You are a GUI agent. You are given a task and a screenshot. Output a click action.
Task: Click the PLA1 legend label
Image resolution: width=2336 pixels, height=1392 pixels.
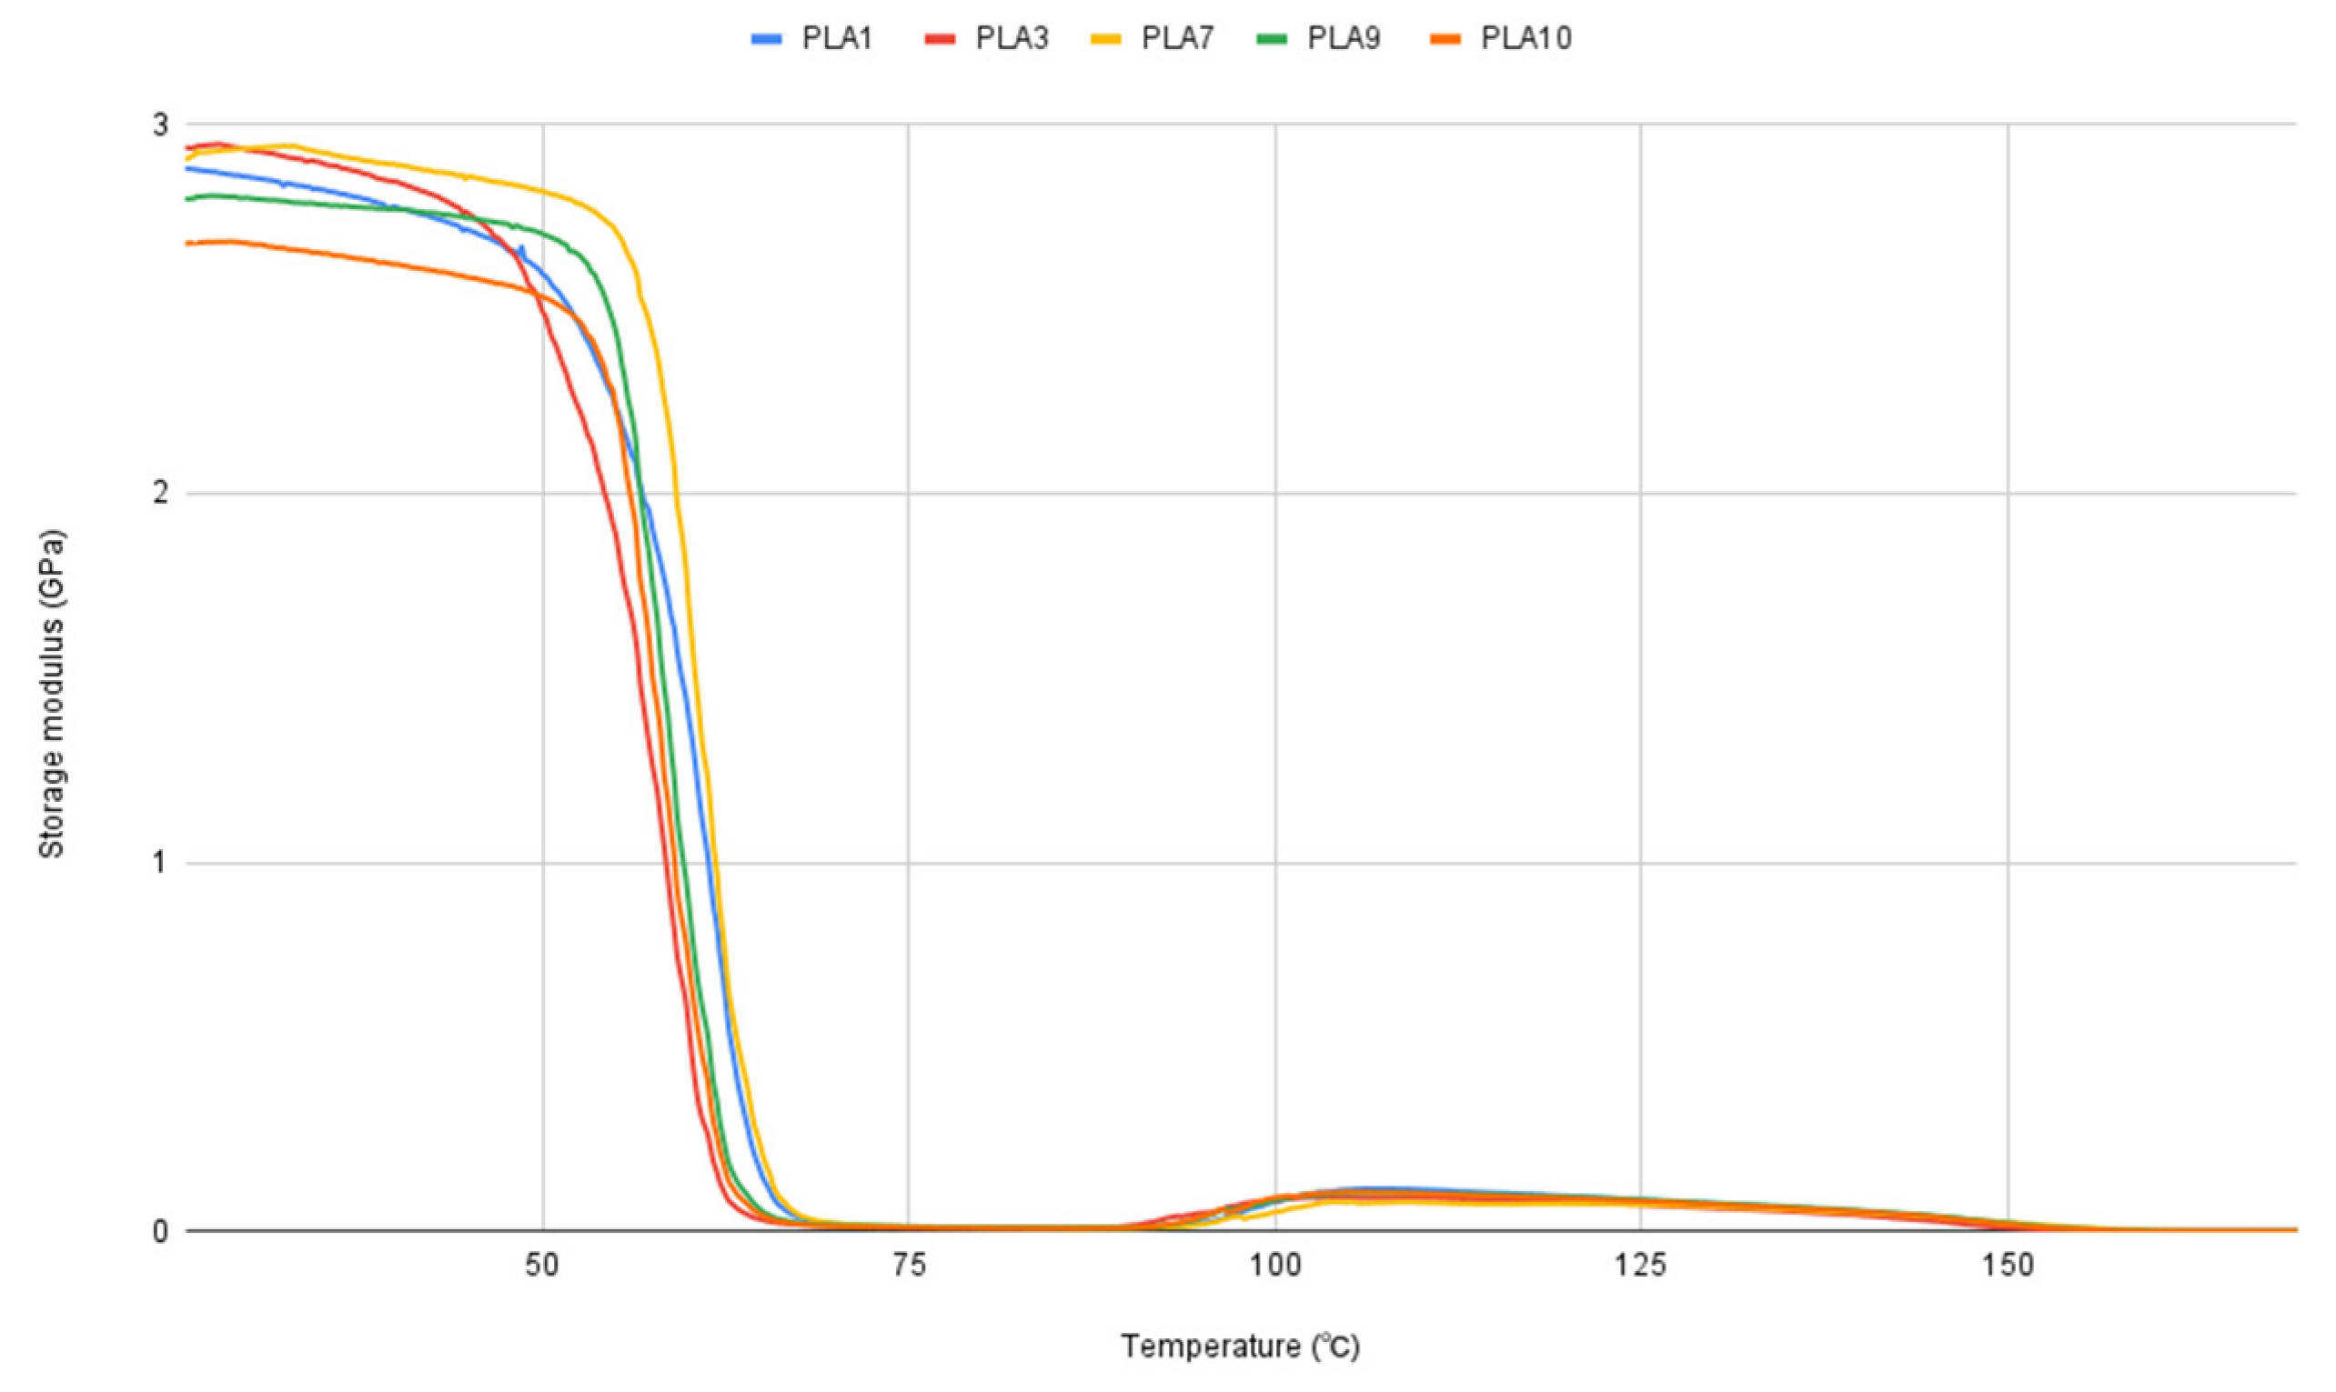pos(837,38)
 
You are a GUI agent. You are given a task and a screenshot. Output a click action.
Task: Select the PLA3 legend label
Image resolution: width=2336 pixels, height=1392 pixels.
pos(1012,38)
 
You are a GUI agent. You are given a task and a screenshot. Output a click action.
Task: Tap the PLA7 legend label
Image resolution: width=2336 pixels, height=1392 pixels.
pos(1177,38)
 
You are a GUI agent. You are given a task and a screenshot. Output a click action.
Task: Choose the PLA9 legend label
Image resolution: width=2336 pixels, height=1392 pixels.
pos(1344,38)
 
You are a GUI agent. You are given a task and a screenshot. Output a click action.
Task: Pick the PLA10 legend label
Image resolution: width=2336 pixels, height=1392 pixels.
pos(1525,38)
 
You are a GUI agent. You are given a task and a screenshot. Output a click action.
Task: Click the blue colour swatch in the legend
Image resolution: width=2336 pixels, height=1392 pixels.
pos(767,39)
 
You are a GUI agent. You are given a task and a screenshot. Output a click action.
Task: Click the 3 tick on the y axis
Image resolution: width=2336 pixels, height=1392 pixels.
pos(161,125)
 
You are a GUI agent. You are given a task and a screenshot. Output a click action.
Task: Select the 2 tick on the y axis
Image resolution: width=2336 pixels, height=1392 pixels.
pos(161,494)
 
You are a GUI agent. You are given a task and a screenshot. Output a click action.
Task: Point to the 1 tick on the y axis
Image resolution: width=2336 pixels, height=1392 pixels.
pos(161,862)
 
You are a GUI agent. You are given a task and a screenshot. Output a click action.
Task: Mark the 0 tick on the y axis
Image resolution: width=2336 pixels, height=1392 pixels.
pos(161,1231)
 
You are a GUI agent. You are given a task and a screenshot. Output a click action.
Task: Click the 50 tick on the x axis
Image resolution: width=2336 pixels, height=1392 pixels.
pos(542,1267)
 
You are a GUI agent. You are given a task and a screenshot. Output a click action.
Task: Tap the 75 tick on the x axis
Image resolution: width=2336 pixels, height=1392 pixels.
pos(908,1267)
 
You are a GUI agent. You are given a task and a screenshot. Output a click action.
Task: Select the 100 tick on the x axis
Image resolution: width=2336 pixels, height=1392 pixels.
pos(1275,1267)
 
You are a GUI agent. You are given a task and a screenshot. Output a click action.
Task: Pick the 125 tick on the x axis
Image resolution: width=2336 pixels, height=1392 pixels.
pos(1641,1267)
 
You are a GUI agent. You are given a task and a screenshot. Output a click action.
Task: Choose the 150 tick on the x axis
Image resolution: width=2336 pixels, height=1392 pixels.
pos(2008,1267)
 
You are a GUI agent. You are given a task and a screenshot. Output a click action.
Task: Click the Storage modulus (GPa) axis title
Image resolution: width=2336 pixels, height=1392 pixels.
pos(52,694)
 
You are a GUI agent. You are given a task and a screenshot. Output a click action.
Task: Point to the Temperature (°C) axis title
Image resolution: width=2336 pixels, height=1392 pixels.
pos(1240,1347)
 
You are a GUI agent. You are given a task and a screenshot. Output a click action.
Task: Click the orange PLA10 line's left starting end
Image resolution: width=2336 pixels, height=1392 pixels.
pos(187,244)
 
